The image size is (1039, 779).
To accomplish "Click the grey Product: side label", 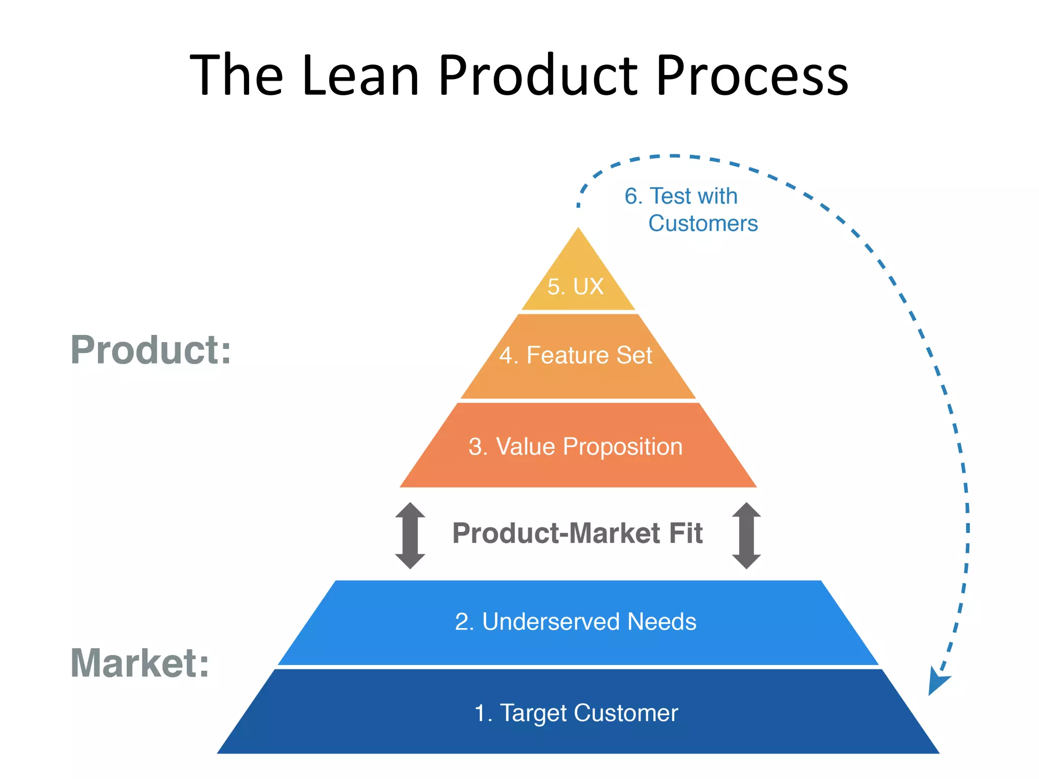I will [151, 350].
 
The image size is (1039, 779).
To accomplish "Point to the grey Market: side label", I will [140, 663].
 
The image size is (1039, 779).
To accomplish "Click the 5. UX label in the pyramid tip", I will [576, 287].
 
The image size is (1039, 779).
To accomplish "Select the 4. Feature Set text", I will [576, 355].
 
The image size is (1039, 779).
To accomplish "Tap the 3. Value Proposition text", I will [576, 447].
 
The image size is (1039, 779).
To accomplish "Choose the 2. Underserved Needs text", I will [576, 622].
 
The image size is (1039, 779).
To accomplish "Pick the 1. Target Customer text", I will [576, 713].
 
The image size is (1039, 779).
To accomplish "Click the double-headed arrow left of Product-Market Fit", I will [410, 536].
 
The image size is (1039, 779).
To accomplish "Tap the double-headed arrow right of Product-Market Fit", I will [746, 536].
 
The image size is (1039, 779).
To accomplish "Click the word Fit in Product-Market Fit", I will [686, 534].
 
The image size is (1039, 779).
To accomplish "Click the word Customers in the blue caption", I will [703, 224].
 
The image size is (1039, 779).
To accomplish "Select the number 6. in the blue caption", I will [634, 196].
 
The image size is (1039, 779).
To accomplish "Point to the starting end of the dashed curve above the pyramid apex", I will [578, 205].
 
